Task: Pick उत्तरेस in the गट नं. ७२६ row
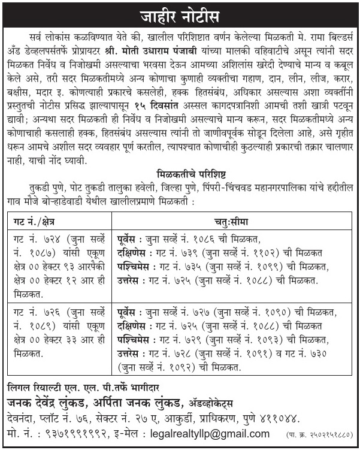[x=132, y=354]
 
